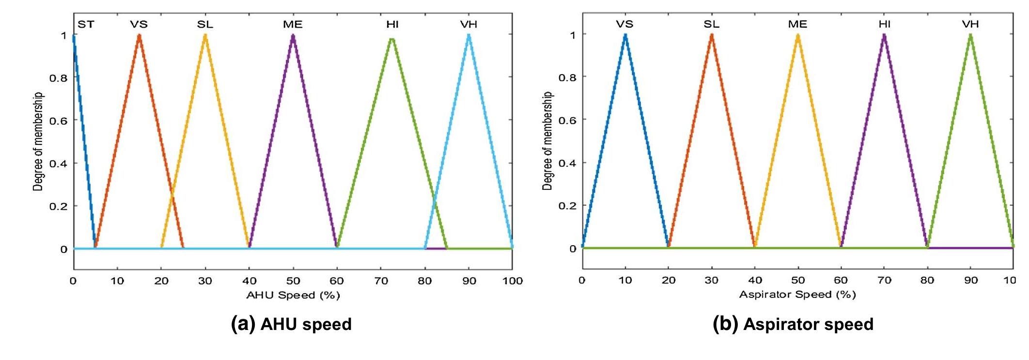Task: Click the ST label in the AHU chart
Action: [x=86, y=24]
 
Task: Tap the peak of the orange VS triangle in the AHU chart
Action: [x=139, y=35]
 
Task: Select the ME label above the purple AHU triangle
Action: [x=293, y=24]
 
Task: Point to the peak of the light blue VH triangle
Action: [x=468, y=35]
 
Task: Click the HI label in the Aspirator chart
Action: [x=884, y=24]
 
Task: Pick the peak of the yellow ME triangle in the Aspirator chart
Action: [x=798, y=35]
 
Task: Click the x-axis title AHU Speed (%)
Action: [x=293, y=295]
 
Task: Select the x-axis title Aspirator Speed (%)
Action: [x=797, y=294]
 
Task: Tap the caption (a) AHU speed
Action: [x=291, y=324]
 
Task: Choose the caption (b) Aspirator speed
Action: [x=793, y=324]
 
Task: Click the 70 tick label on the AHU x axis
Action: [x=381, y=281]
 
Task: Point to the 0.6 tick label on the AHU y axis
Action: [x=58, y=120]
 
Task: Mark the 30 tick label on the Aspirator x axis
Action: [x=712, y=280]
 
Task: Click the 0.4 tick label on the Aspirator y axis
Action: [x=567, y=163]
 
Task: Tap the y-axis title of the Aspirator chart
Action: [x=547, y=141]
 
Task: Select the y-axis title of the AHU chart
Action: [x=38, y=141]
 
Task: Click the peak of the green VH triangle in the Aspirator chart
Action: [x=970, y=35]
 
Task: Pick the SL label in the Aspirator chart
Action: [x=711, y=24]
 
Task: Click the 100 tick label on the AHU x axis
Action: [x=513, y=281]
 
